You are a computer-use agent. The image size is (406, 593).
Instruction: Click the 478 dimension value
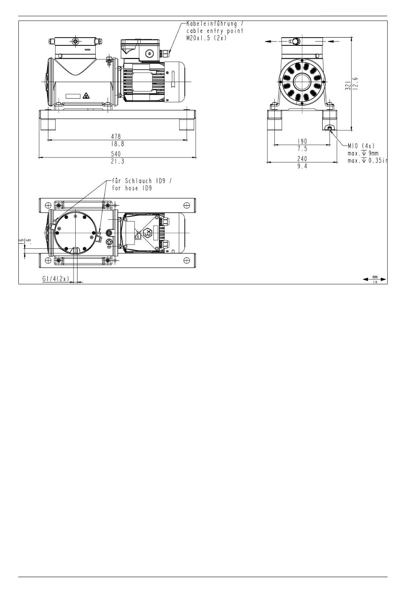coord(116,136)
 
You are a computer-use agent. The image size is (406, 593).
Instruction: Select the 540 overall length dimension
coord(116,154)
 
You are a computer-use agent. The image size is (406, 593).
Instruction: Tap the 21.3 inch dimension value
coord(118,161)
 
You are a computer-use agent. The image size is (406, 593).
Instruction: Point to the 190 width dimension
coord(302,142)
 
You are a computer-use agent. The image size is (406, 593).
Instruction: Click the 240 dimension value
coord(302,159)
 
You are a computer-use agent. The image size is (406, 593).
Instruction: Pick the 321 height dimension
coord(348,85)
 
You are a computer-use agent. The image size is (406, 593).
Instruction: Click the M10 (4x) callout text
coord(361,146)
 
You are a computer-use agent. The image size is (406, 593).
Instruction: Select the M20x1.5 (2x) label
coord(206,38)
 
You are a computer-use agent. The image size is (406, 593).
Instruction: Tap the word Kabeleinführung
coord(212,24)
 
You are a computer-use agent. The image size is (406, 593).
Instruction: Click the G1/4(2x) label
coord(56,279)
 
